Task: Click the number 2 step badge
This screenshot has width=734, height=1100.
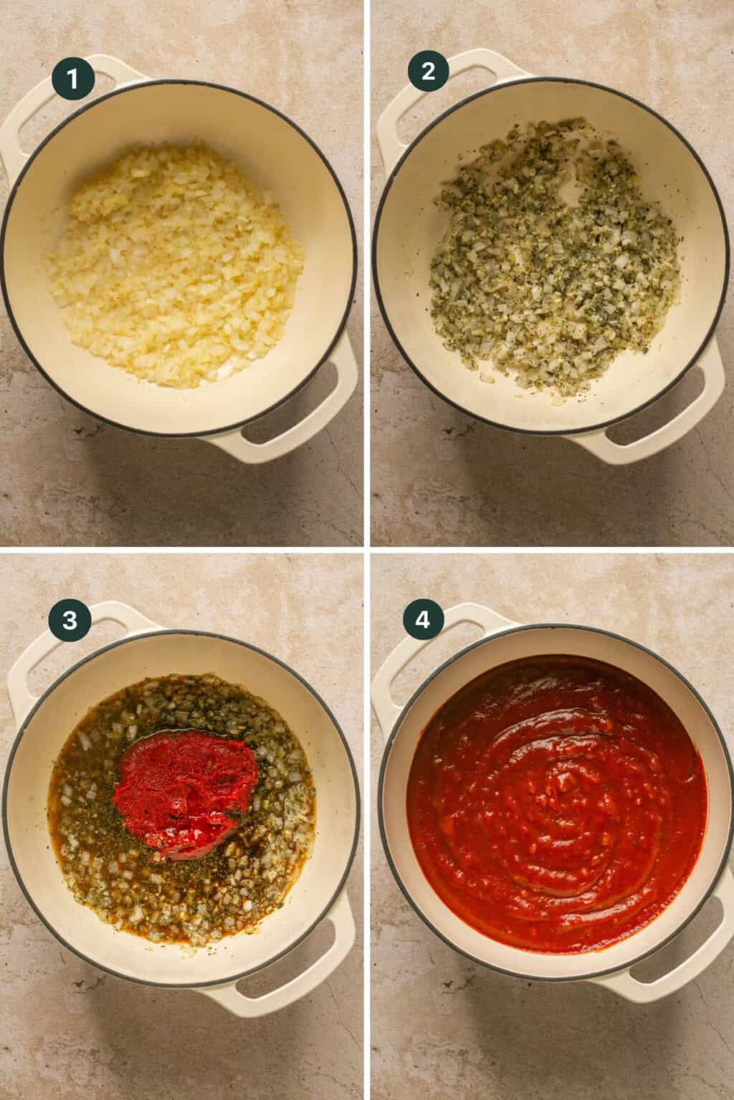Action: pyautogui.click(x=429, y=72)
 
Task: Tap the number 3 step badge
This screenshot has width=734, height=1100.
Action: pyautogui.click(x=70, y=620)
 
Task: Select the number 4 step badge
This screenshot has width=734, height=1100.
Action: pyautogui.click(x=423, y=620)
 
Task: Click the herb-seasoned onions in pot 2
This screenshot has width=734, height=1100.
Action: pyautogui.click(x=552, y=272)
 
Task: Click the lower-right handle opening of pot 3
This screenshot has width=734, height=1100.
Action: pyautogui.click(x=301, y=952)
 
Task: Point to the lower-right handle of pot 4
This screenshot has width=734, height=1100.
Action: pyautogui.click(x=670, y=960)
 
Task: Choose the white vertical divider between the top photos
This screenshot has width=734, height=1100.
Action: pyautogui.click(x=367, y=272)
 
